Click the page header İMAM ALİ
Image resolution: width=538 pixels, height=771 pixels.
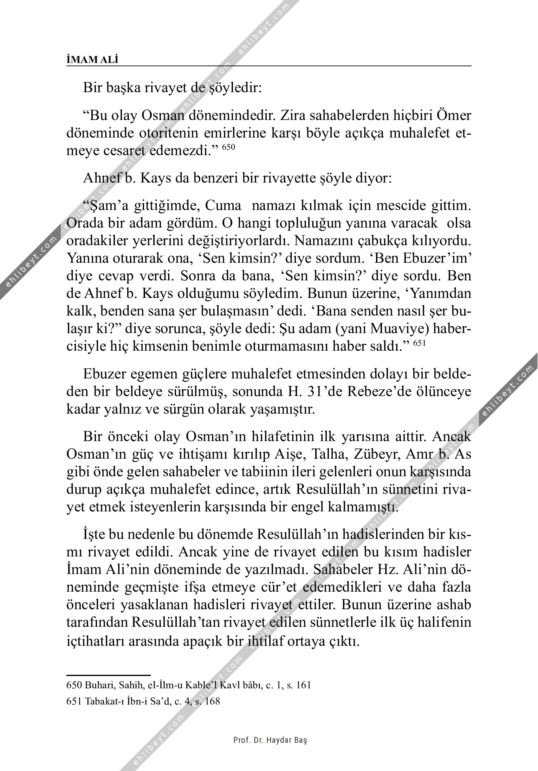click(92, 60)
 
